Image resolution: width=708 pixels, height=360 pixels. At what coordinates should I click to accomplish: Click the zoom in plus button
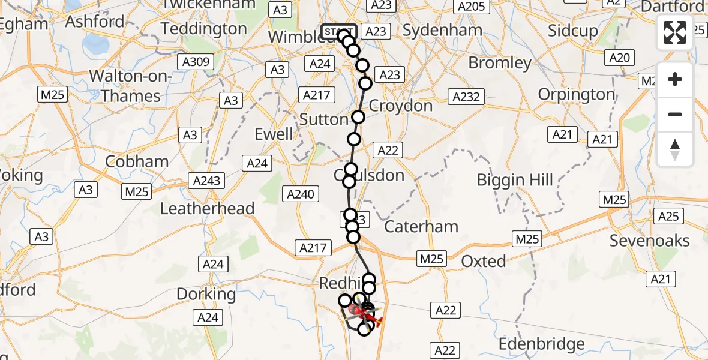coord(675,79)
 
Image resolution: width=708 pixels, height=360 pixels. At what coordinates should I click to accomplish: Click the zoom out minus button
coord(675,114)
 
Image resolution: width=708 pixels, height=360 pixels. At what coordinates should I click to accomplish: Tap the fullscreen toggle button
coord(675,32)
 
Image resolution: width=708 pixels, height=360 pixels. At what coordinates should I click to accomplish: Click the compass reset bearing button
coord(675,149)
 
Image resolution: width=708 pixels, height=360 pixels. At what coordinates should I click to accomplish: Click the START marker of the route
coord(339,31)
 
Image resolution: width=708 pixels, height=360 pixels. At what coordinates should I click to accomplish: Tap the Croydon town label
coord(400,106)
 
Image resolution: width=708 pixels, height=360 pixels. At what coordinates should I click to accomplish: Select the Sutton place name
coord(323,119)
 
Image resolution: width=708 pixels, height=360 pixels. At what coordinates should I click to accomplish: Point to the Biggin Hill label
coord(515,180)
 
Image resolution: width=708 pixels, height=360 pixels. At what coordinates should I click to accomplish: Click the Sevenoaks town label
coord(650,241)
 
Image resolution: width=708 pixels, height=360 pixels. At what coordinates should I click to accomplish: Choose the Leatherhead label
coord(208,208)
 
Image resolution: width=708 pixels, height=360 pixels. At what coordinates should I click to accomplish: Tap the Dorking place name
coord(206,294)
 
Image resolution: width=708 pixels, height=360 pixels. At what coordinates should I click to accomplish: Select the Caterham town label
coord(421,227)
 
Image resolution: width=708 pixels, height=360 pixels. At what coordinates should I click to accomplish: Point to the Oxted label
coord(484,261)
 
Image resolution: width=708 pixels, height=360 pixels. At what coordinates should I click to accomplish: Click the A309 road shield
coord(195,61)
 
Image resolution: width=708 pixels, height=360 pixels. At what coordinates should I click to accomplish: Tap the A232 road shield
coord(466,97)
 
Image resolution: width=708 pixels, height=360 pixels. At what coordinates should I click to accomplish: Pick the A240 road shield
coord(300,194)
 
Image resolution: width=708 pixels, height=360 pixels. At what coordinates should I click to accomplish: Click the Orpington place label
coord(577,94)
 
